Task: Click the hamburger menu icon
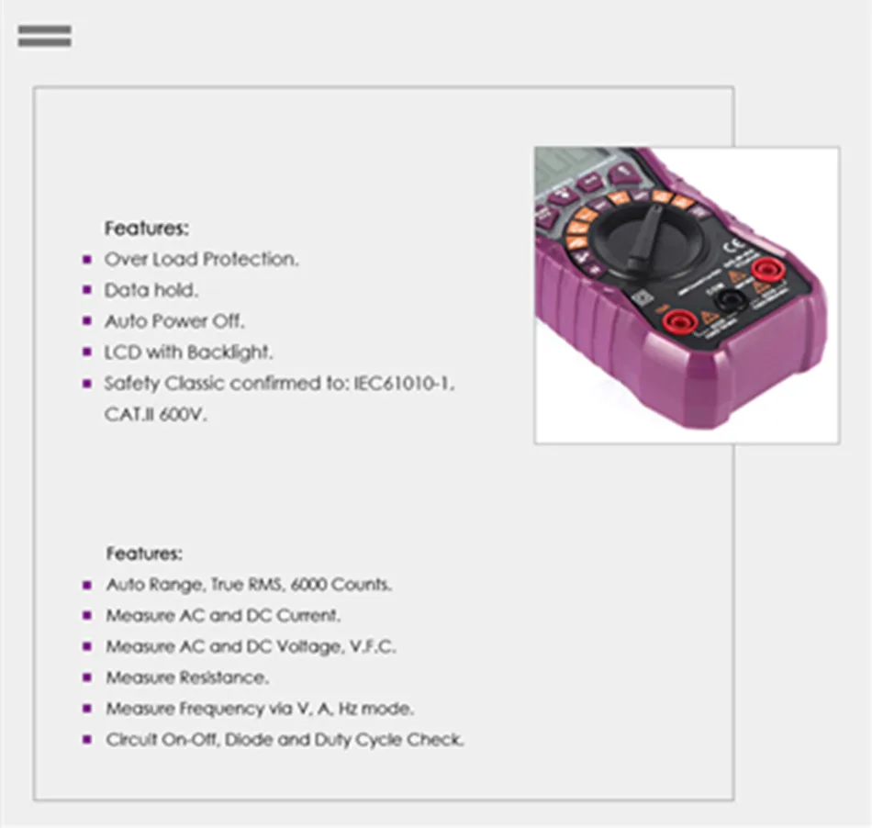pos(44,36)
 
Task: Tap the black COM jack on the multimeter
pos(729,299)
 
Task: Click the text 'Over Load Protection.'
pos(201,259)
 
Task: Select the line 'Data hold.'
pos(151,290)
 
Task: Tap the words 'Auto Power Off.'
pos(174,321)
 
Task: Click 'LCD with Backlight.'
pos(188,352)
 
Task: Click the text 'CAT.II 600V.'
pos(156,414)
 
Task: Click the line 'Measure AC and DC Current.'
pos(223,615)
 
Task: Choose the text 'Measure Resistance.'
pos(187,677)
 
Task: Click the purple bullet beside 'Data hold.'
pos(87,290)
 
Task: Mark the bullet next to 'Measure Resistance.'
pos(87,677)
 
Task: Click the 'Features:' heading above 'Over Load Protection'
pos(146,228)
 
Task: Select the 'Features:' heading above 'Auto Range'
pos(144,554)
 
